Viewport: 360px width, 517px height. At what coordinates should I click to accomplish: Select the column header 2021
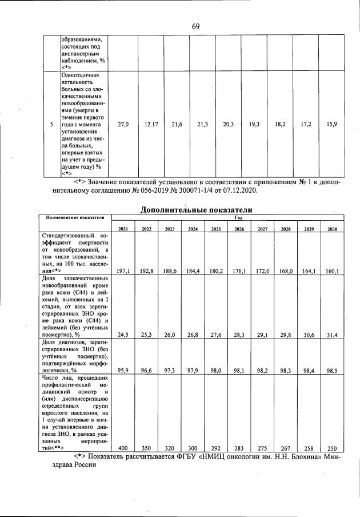pos(123,229)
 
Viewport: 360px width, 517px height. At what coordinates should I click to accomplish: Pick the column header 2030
pos(332,229)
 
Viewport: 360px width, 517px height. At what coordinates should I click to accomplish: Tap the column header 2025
pos(216,229)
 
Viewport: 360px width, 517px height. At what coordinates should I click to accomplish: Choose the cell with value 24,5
pos(122,335)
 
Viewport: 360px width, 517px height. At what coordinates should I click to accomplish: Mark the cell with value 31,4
pos(333,335)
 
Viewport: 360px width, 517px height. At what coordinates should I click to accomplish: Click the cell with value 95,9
pos(122,371)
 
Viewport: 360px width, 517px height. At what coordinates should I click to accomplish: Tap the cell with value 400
pos(122,448)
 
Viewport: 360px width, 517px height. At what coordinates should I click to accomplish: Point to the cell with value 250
pos(333,448)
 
